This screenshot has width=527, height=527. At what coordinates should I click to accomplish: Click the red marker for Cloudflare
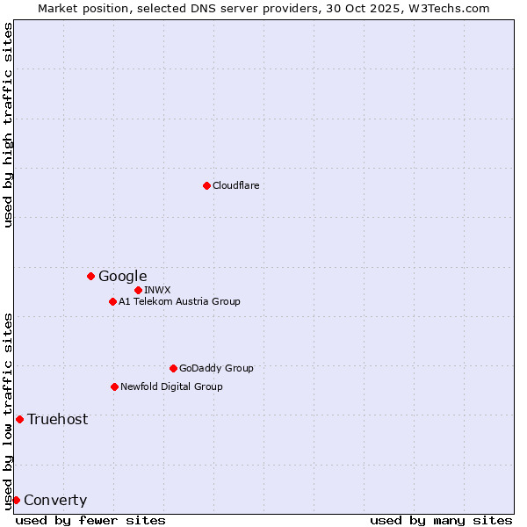(x=206, y=185)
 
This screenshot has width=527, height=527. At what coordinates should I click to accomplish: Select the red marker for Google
(x=90, y=276)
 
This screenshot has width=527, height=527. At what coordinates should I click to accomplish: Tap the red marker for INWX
(x=138, y=290)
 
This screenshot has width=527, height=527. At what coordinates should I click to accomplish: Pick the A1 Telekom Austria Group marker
(x=112, y=301)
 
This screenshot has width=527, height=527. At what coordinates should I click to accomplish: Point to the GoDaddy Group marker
(x=173, y=368)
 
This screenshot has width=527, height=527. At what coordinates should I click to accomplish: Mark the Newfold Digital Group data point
(x=114, y=386)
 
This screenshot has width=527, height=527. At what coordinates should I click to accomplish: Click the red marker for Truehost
(x=19, y=419)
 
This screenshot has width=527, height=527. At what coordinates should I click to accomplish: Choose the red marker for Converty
(x=16, y=500)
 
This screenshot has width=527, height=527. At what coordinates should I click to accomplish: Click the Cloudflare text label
(x=235, y=185)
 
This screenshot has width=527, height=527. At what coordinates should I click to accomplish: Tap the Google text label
(x=122, y=277)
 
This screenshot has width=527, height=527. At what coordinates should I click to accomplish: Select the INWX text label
(x=157, y=290)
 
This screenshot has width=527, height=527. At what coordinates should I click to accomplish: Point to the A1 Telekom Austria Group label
(x=179, y=301)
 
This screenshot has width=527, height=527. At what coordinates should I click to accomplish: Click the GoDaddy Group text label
(x=216, y=368)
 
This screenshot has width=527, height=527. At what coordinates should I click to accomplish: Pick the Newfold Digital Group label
(x=171, y=386)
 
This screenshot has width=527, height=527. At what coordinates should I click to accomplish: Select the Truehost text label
(x=57, y=420)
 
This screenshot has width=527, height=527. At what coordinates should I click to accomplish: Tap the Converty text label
(x=55, y=501)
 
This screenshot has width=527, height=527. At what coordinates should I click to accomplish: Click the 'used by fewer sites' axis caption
(x=90, y=520)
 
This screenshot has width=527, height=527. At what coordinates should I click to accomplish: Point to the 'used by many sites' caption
(x=441, y=520)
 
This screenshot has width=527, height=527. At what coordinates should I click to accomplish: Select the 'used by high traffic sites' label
(x=8, y=125)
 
